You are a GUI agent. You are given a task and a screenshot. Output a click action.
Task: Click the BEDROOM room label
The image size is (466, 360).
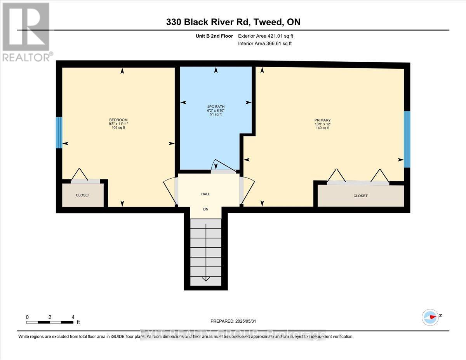click(x=118, y=120)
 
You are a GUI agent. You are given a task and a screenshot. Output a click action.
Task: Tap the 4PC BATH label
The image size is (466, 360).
click(x=216, y=106)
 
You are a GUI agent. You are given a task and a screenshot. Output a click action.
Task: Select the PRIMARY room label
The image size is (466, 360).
click(x=323, y=120)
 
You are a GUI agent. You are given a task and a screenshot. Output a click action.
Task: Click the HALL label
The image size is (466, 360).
click(x=206, y=194)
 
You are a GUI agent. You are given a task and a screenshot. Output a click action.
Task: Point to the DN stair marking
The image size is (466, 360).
click(x=206, y=209)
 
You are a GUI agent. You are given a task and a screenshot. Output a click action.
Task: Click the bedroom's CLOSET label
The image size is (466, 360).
click(x=83, y=195)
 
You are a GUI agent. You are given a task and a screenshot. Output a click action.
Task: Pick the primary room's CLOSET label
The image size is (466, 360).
click(x=360, y=196)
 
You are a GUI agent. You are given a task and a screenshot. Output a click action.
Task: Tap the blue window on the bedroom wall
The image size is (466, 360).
click(x=59, y=133)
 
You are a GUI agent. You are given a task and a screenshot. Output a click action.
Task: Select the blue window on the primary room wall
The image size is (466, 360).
click(x=407, y=139)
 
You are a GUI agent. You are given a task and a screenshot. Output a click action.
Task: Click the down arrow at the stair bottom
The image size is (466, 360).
click(x=205, y=278)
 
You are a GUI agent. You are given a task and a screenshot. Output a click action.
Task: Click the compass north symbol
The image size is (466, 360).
click(x=430, y=317)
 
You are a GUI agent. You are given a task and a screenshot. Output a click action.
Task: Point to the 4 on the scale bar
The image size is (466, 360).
click(x=73, y=317)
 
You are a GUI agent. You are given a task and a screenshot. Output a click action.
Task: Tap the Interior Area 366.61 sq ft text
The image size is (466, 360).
click(x=264, y=43)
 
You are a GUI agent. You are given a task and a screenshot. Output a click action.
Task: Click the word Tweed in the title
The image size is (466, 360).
click(x=268, y=22)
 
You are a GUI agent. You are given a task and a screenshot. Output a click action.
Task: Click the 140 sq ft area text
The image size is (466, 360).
click(x=323, y=128)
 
